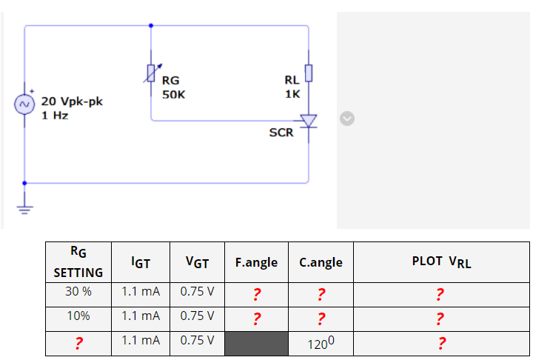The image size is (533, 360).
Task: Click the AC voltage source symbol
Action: click(x=24, y=104)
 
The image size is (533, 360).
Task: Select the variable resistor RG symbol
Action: click(x=152, y=73)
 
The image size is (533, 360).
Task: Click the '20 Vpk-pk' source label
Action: click(x=72, y=101)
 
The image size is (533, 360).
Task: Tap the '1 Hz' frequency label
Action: click(x=55, y=116)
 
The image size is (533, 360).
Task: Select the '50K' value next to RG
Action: click(x=174, y=95)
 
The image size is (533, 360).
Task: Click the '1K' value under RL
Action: click(x=292, y=94)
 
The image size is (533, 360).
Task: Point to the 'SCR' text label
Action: click(x=281, y=133)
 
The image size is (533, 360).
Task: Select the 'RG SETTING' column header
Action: click(x=78, y=262)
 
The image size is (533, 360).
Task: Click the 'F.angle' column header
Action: click(x=256, y=262)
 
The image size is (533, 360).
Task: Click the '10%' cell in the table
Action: click(x=78, y=316)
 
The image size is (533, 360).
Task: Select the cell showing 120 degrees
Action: click(x=321, y=343)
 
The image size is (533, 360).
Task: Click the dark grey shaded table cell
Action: click(x=256, y=343)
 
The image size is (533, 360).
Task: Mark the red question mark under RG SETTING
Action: click(x=78, y=343)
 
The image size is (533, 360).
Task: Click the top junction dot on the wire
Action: click(x=152, y=25)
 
